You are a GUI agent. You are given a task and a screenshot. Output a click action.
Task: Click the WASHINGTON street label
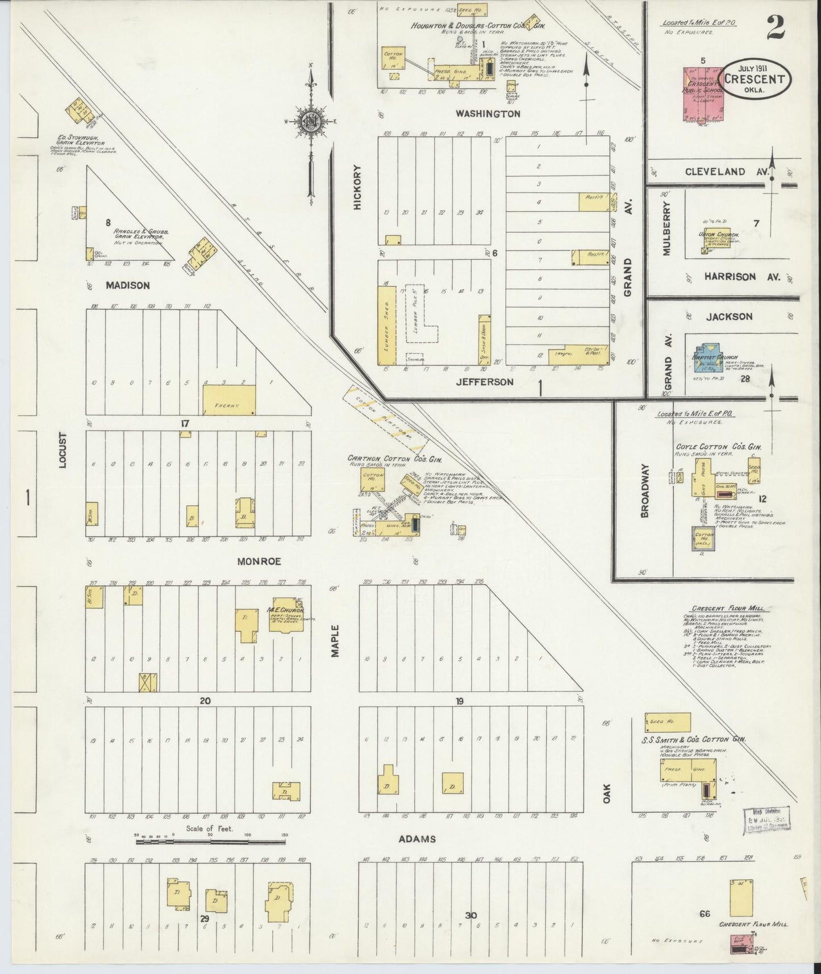(487, 114)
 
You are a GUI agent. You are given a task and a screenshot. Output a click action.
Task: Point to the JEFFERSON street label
(485, 382)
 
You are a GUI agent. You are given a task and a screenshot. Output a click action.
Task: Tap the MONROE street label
(259, 561)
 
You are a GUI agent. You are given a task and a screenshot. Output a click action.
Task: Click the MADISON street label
(128, 285)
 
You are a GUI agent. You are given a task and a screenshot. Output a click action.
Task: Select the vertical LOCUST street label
(62, 451)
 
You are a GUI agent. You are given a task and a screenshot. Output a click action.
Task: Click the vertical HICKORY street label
(357, 188)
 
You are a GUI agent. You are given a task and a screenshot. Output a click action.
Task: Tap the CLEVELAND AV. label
(730, 171)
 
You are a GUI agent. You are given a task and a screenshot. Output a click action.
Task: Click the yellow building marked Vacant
(229, 399)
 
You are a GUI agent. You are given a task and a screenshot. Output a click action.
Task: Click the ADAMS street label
(416, 839)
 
